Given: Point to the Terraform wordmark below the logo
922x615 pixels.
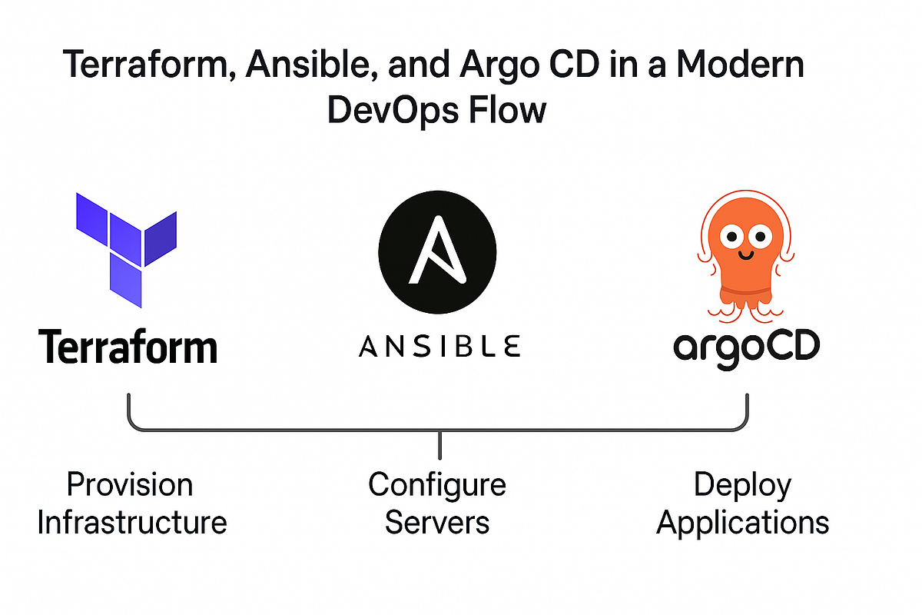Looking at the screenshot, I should (128, 347).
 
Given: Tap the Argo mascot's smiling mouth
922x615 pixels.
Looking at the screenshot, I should (745, 251).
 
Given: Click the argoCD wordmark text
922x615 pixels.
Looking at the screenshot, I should (746, 347).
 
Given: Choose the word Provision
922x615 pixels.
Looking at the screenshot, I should (130, 484).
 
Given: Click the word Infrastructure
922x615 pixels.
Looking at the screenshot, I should (132, 523).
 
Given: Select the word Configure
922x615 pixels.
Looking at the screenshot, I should (436, 484).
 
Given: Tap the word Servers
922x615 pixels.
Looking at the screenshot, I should (436, 523).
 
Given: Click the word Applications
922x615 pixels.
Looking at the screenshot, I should (742, 523).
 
